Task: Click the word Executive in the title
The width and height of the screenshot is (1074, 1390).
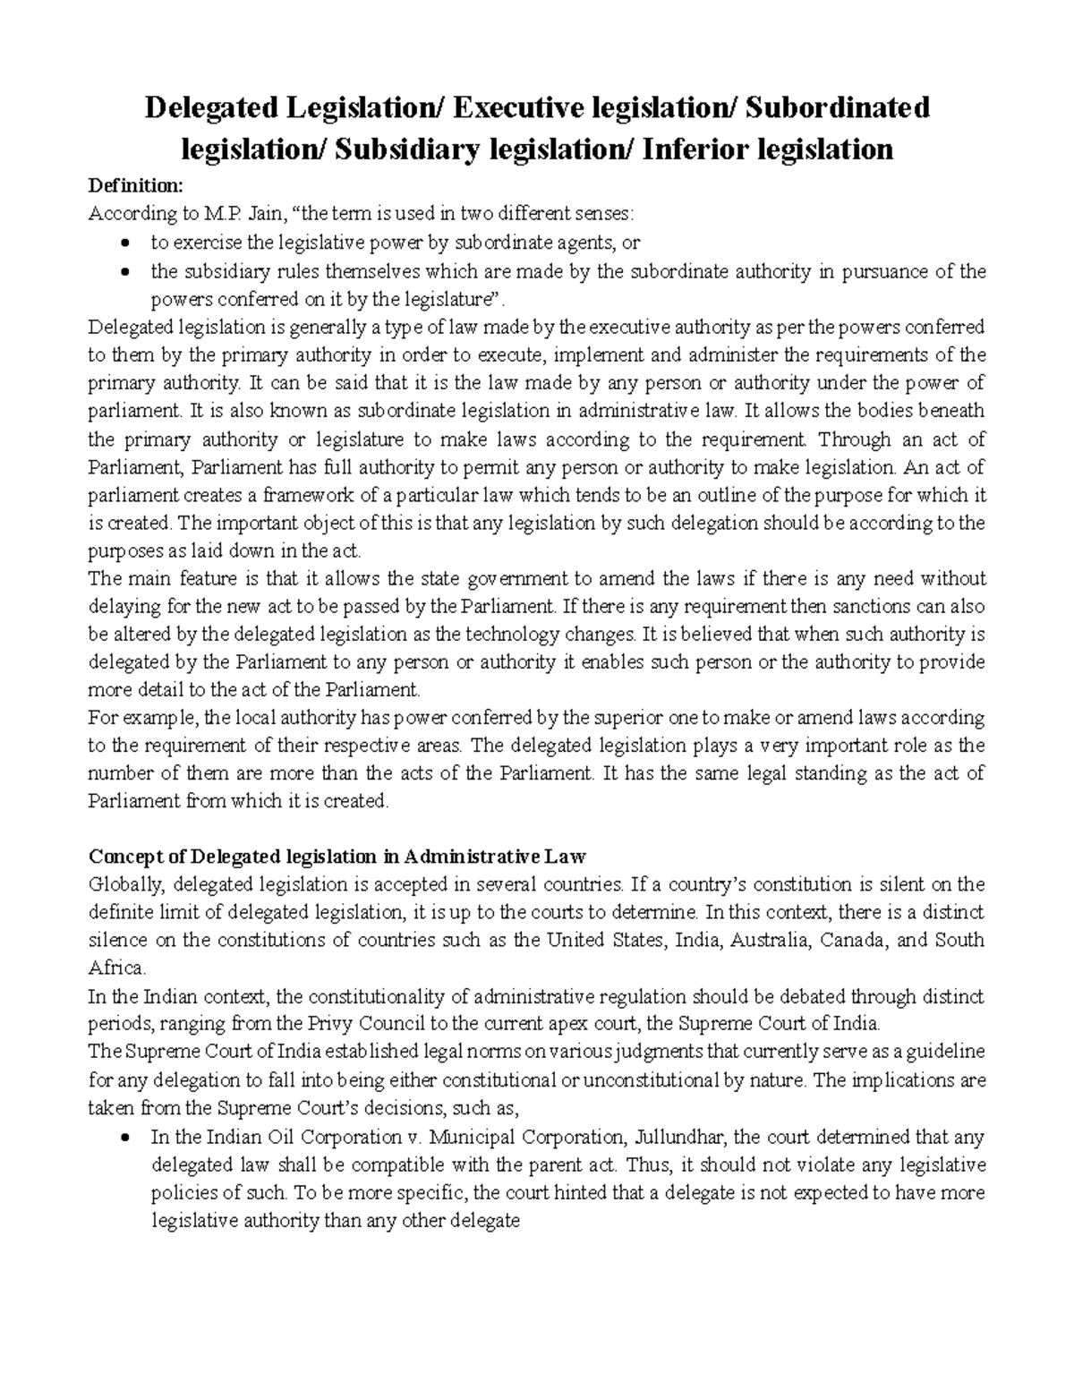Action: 516,108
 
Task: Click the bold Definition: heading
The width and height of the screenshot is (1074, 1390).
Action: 134,186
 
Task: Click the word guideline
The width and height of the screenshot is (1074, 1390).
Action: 944,1052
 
